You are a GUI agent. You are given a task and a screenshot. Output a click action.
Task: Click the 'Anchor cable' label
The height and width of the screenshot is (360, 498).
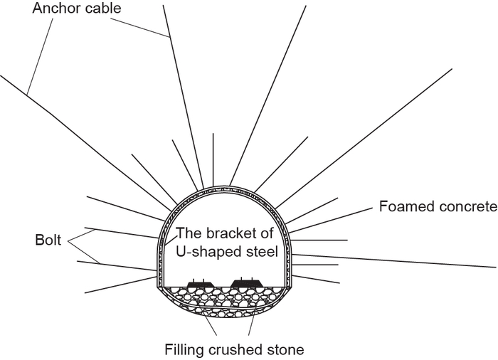click(x=77, y=8)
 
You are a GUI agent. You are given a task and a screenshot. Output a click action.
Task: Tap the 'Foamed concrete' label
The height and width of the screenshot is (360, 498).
click(x=438, y=206)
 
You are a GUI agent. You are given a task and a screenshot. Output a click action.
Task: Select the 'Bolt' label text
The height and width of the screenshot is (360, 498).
click(x=48, y=240)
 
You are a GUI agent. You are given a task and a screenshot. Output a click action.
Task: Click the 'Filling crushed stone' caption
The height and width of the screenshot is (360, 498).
click(x=234, y=349)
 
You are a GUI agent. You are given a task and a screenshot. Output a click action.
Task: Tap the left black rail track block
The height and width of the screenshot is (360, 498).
click(x=200, y=283)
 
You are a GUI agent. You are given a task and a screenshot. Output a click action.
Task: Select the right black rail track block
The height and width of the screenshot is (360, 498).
click(x=246, y=282)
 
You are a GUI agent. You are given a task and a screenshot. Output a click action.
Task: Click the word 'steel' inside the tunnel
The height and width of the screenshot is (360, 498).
click(x=262, y=252)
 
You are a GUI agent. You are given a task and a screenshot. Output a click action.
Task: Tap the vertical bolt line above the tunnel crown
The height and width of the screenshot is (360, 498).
click(x=213, y=159)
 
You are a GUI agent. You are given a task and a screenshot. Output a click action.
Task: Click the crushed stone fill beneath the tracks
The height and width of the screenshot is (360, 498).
click(x=225, y=298)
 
